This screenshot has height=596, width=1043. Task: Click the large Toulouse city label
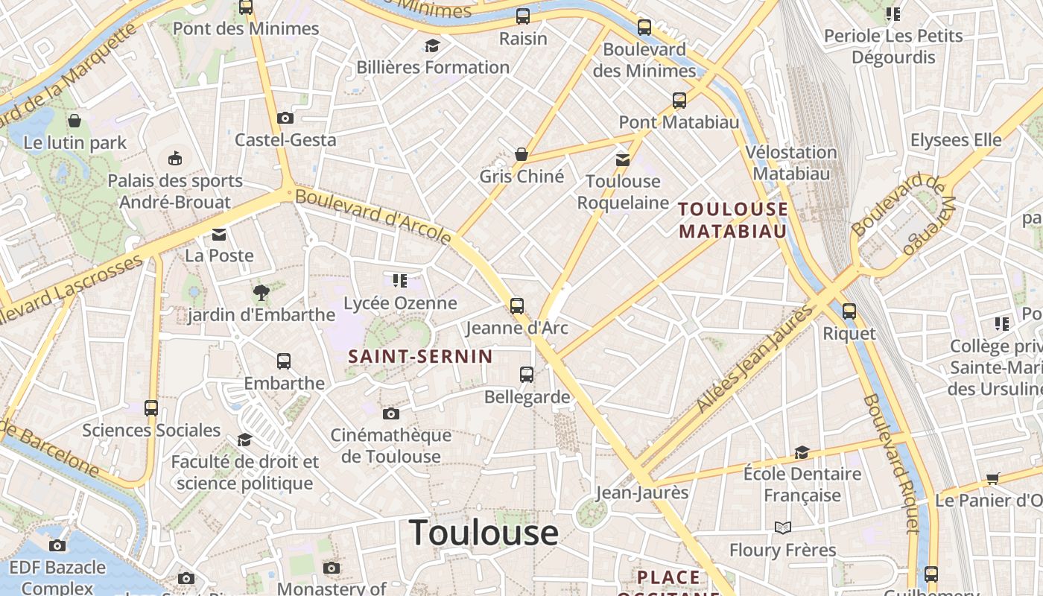484,533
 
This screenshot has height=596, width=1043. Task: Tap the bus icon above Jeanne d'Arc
516,305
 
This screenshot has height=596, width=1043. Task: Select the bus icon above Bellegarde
527,375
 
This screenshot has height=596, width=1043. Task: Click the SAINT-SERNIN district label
421,357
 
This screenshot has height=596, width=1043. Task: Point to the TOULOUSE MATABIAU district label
733,220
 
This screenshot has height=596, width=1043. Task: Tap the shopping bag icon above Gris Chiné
521,154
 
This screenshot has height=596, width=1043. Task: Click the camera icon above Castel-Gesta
285,118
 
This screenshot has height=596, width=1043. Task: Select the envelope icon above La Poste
219,235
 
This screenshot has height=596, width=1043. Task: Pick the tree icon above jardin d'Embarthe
261,293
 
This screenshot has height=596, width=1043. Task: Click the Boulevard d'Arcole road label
373,217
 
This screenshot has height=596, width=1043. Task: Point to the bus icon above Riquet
849,311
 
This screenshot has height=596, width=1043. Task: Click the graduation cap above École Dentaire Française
802,452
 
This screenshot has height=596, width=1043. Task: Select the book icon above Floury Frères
782,528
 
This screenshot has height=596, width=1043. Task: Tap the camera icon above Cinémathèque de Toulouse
390,413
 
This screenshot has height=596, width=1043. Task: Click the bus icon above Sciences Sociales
151,408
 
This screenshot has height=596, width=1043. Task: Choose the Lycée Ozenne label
400,303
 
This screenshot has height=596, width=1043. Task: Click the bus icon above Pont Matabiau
679,100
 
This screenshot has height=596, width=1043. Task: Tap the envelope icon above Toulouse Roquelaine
622,159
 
